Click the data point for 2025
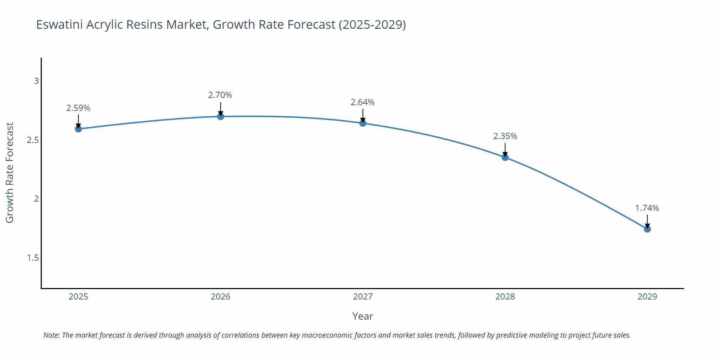78,129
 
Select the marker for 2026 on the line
221,116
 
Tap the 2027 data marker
363,123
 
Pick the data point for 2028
505,157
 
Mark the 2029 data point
647,229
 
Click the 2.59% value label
78,108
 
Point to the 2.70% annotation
220,95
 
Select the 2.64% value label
363,102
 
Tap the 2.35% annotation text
505,136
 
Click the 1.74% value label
647,208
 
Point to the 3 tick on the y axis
36,81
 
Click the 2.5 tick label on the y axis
33,140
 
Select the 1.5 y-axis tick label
33,258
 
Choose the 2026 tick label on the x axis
220,297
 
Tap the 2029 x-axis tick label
647,297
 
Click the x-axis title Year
363,316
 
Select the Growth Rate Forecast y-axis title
10,172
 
